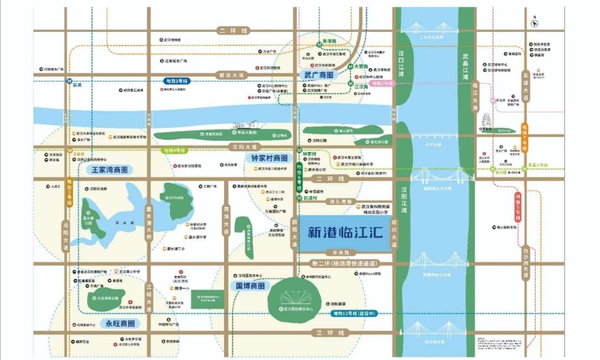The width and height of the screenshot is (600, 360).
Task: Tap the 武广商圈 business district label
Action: coord(318,74)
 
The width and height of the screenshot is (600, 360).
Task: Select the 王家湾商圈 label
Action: coord(105,170)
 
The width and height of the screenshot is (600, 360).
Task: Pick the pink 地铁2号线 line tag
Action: coord(374,81)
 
